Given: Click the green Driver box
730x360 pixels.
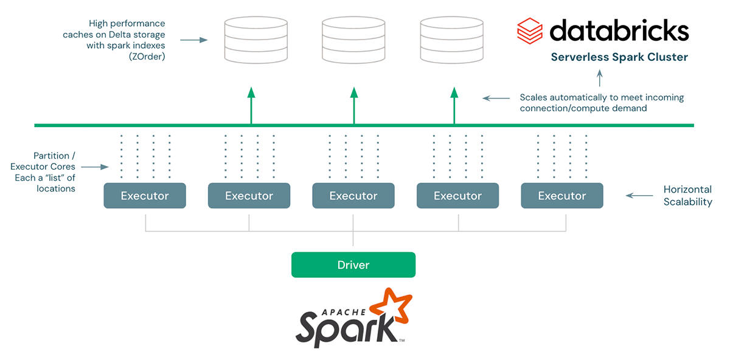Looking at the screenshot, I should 353,265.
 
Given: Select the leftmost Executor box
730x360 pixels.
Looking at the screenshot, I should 145,196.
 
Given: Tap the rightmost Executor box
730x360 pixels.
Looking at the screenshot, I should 562,196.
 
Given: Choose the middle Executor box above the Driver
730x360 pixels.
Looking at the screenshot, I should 353,196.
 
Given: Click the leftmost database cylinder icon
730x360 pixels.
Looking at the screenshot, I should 255,40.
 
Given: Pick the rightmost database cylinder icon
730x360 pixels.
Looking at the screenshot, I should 452,40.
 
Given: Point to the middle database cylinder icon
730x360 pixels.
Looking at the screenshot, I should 353,40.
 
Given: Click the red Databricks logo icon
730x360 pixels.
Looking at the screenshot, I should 529,30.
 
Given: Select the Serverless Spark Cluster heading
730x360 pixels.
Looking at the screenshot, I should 619,58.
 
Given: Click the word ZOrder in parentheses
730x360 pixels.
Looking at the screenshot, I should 147,57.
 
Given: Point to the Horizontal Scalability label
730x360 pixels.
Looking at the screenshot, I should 687,196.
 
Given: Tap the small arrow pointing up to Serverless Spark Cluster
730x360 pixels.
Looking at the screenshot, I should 600,78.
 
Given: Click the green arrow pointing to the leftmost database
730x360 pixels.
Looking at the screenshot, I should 251,106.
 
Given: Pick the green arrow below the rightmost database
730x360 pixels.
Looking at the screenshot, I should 454,106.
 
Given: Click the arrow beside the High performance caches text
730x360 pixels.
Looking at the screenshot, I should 194,40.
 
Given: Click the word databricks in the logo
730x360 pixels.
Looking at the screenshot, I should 619,30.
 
